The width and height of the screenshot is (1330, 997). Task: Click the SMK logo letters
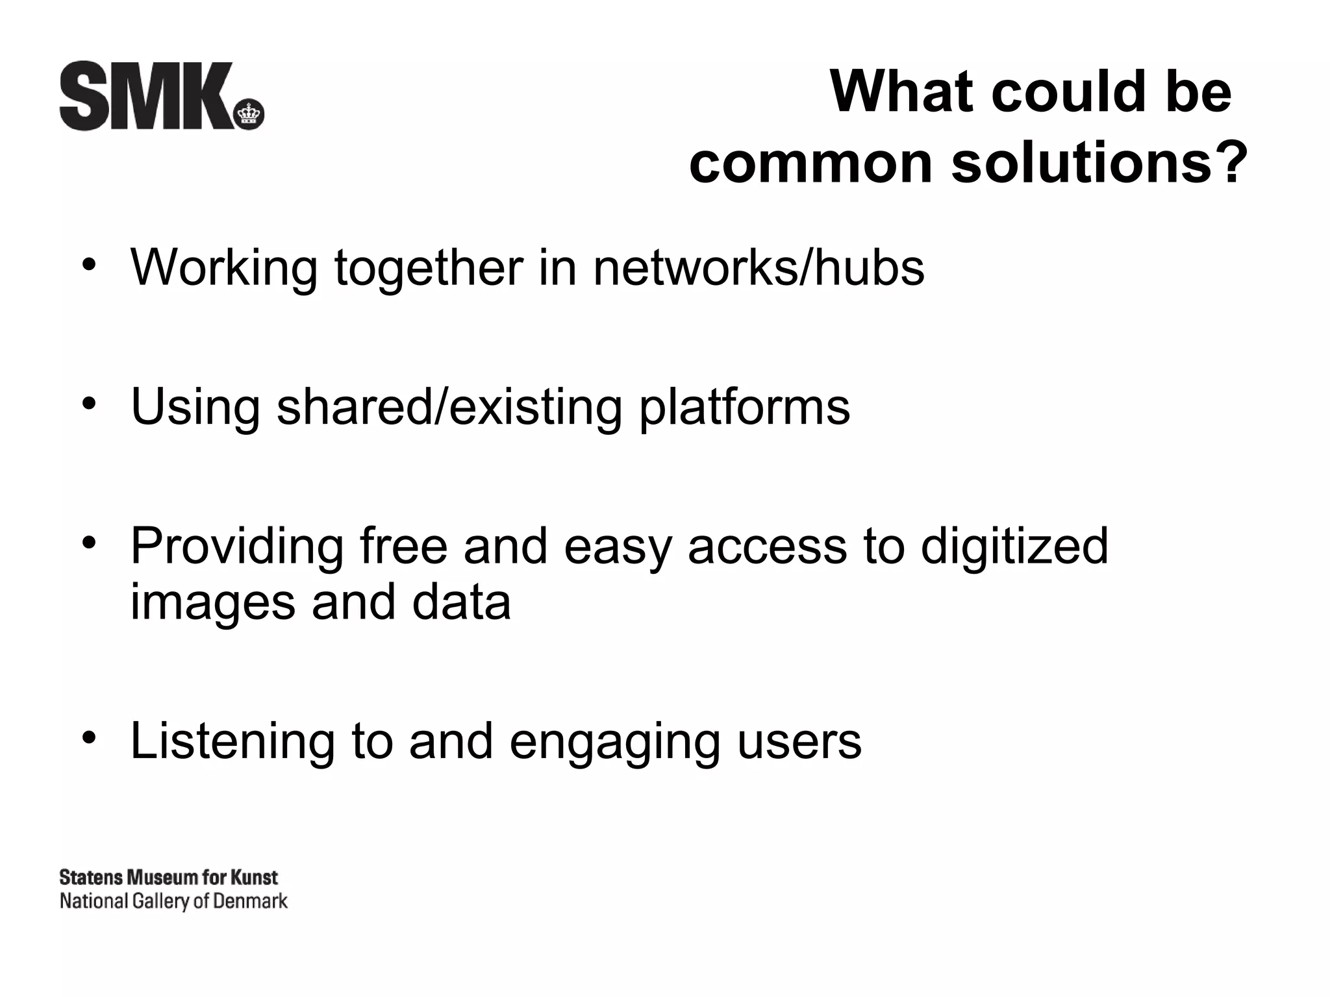point(146,96)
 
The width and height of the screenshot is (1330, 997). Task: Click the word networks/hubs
point(759,267)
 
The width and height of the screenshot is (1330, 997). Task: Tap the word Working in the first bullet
point(224,267)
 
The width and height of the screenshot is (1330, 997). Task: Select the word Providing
point(237,547)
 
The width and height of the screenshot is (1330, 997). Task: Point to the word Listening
point(232,741)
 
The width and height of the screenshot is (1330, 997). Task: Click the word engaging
point(614,743)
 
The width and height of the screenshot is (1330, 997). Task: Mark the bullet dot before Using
point(89,404)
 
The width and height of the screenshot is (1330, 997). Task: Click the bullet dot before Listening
point(89,737)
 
